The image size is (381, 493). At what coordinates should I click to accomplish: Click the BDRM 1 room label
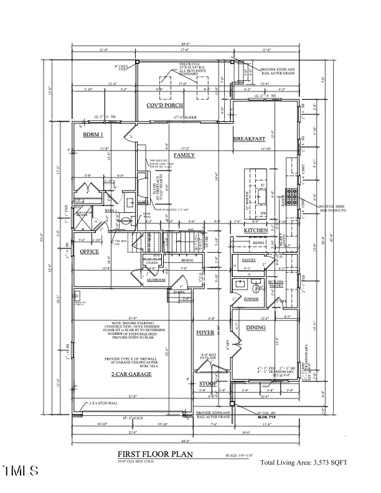(x=93, y=134)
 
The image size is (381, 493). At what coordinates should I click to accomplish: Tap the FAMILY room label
(x=184, y=155)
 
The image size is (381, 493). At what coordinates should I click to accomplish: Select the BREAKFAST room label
(x=250, y=138)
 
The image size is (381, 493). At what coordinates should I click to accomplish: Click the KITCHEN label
(x=256, y=231)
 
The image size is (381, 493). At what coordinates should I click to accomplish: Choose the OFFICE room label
(x=89, y=251)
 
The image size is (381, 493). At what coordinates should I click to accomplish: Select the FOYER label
(x=205, y=332)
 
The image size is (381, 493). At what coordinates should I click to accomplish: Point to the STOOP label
(x=208, y=384)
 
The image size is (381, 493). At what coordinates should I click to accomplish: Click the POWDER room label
(x=251, y=298)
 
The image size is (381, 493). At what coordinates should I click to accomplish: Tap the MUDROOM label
(x=156, y=280)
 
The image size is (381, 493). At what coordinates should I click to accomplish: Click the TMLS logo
(x=20, y=470)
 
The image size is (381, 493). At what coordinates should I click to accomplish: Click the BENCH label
(x=187, y=260)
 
